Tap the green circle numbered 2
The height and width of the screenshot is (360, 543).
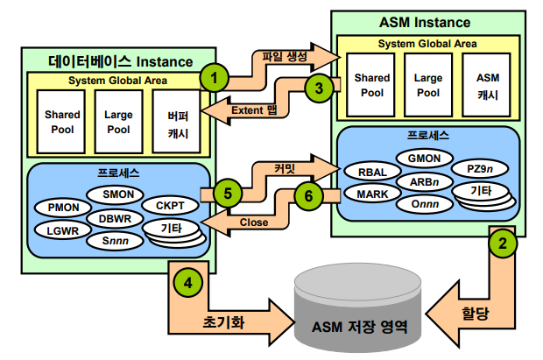pos(503,245)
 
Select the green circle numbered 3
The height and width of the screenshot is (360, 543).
pos(319,88)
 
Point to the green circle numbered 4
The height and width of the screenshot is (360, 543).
pos(190,282)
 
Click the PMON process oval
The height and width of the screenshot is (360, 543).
pos(62,207)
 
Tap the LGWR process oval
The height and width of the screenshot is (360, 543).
pos(62,231)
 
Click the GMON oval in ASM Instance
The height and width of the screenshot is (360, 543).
pos(424,158)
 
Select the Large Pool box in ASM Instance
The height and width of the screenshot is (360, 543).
pos(428,86)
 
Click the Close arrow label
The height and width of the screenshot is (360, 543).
pos(253,222)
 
